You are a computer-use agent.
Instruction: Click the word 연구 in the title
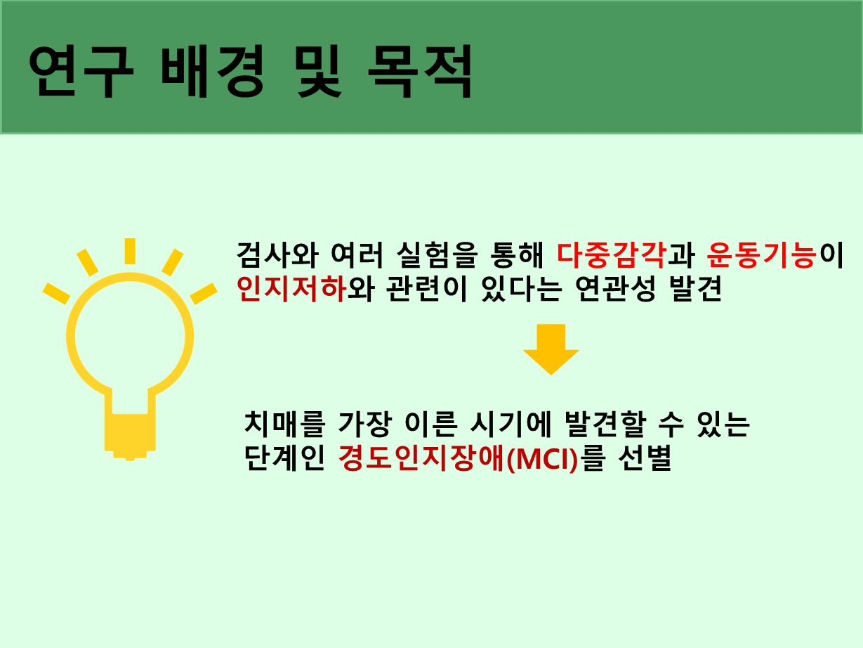pos(81,72)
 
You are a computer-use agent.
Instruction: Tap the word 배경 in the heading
pos(213,72)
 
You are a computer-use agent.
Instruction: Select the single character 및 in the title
pos(318,72)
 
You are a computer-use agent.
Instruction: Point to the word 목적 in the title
pos(420,72)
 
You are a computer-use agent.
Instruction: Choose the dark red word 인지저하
pos(291,289)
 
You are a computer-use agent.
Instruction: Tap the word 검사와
pos(277,254)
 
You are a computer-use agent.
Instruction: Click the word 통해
pos(518,254)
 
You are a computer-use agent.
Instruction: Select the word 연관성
pos(615,289)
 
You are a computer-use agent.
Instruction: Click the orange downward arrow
pos(551,349)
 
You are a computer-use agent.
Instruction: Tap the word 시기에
pos(510,425)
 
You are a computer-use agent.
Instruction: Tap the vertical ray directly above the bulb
pos(130,251)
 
